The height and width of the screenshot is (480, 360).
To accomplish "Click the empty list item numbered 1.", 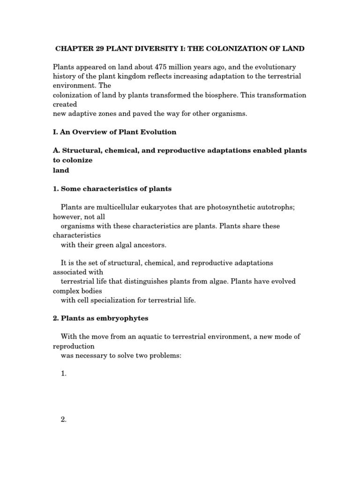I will coord(64,374).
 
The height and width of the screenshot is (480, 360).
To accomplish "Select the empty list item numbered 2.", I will coord(64,420).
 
